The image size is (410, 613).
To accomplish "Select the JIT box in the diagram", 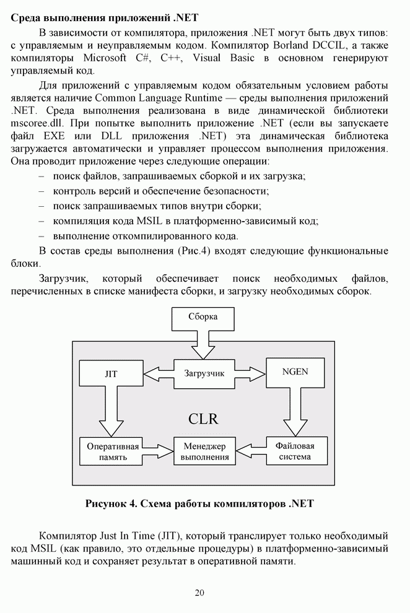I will click(x=111, y=374).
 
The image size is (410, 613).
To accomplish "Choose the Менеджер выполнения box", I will click(x=204, y=451).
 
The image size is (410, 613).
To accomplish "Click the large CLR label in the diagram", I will click(x=203, y=419).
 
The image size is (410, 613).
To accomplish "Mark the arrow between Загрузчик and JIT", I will click(x=158, y=373).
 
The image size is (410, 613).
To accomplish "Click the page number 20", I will click(x=199, y=593).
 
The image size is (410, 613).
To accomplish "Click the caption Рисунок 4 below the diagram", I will click(x=199, y=503).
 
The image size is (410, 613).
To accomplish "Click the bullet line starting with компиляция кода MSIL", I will click(x=186, y=220).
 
